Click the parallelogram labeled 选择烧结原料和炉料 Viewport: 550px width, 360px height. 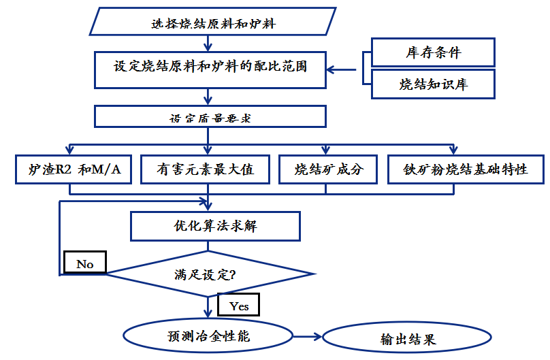point(213,22)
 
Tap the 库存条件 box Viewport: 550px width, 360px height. point(433,52)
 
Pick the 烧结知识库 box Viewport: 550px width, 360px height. point(433,84)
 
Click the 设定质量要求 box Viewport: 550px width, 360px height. point(210,116)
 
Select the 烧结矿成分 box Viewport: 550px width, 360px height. point(327,169)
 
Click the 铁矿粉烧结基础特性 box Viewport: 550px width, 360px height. point(466,169)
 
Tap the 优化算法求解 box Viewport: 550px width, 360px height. point(215,226)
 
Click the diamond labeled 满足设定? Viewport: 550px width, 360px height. point(210,275)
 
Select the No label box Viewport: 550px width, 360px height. point(85,263)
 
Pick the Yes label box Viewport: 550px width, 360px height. point(239,306)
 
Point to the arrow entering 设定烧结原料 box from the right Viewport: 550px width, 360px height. point(344,69)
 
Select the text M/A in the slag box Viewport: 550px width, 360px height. point(107,169)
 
